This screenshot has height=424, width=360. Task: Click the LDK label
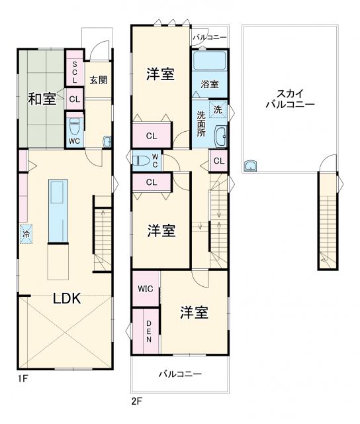pyautogui.click(x=66, y=298)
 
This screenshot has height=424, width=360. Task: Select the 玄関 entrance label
pyautogui.click(x=99, y=79)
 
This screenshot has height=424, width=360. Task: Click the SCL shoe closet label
pyautogui.click(x=75, y=72)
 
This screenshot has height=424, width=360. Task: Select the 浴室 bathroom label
pyautogui.click(x=210, y=84)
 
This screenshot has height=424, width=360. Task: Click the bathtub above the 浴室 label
pyautogui.click(x=209, y=61)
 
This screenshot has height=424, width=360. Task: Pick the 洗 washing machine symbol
pyautogui.click(x=218, y=109)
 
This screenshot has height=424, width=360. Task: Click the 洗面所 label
pyautogui.click(x=201, y=123)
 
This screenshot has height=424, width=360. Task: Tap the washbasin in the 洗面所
pyautogui.click(x=221, y=137)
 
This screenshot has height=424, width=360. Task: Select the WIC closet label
pyautogui.click(x=145, y=289)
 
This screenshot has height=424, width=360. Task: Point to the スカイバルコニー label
pyautogui.click(x=289, y=99)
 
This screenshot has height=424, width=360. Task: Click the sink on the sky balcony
pyautogui.click(x=251, y=166)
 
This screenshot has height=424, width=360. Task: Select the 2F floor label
pyautogui.click(x=137, y=401)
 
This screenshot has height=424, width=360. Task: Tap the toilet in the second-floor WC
pyautogui.click(x=140, y=160)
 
